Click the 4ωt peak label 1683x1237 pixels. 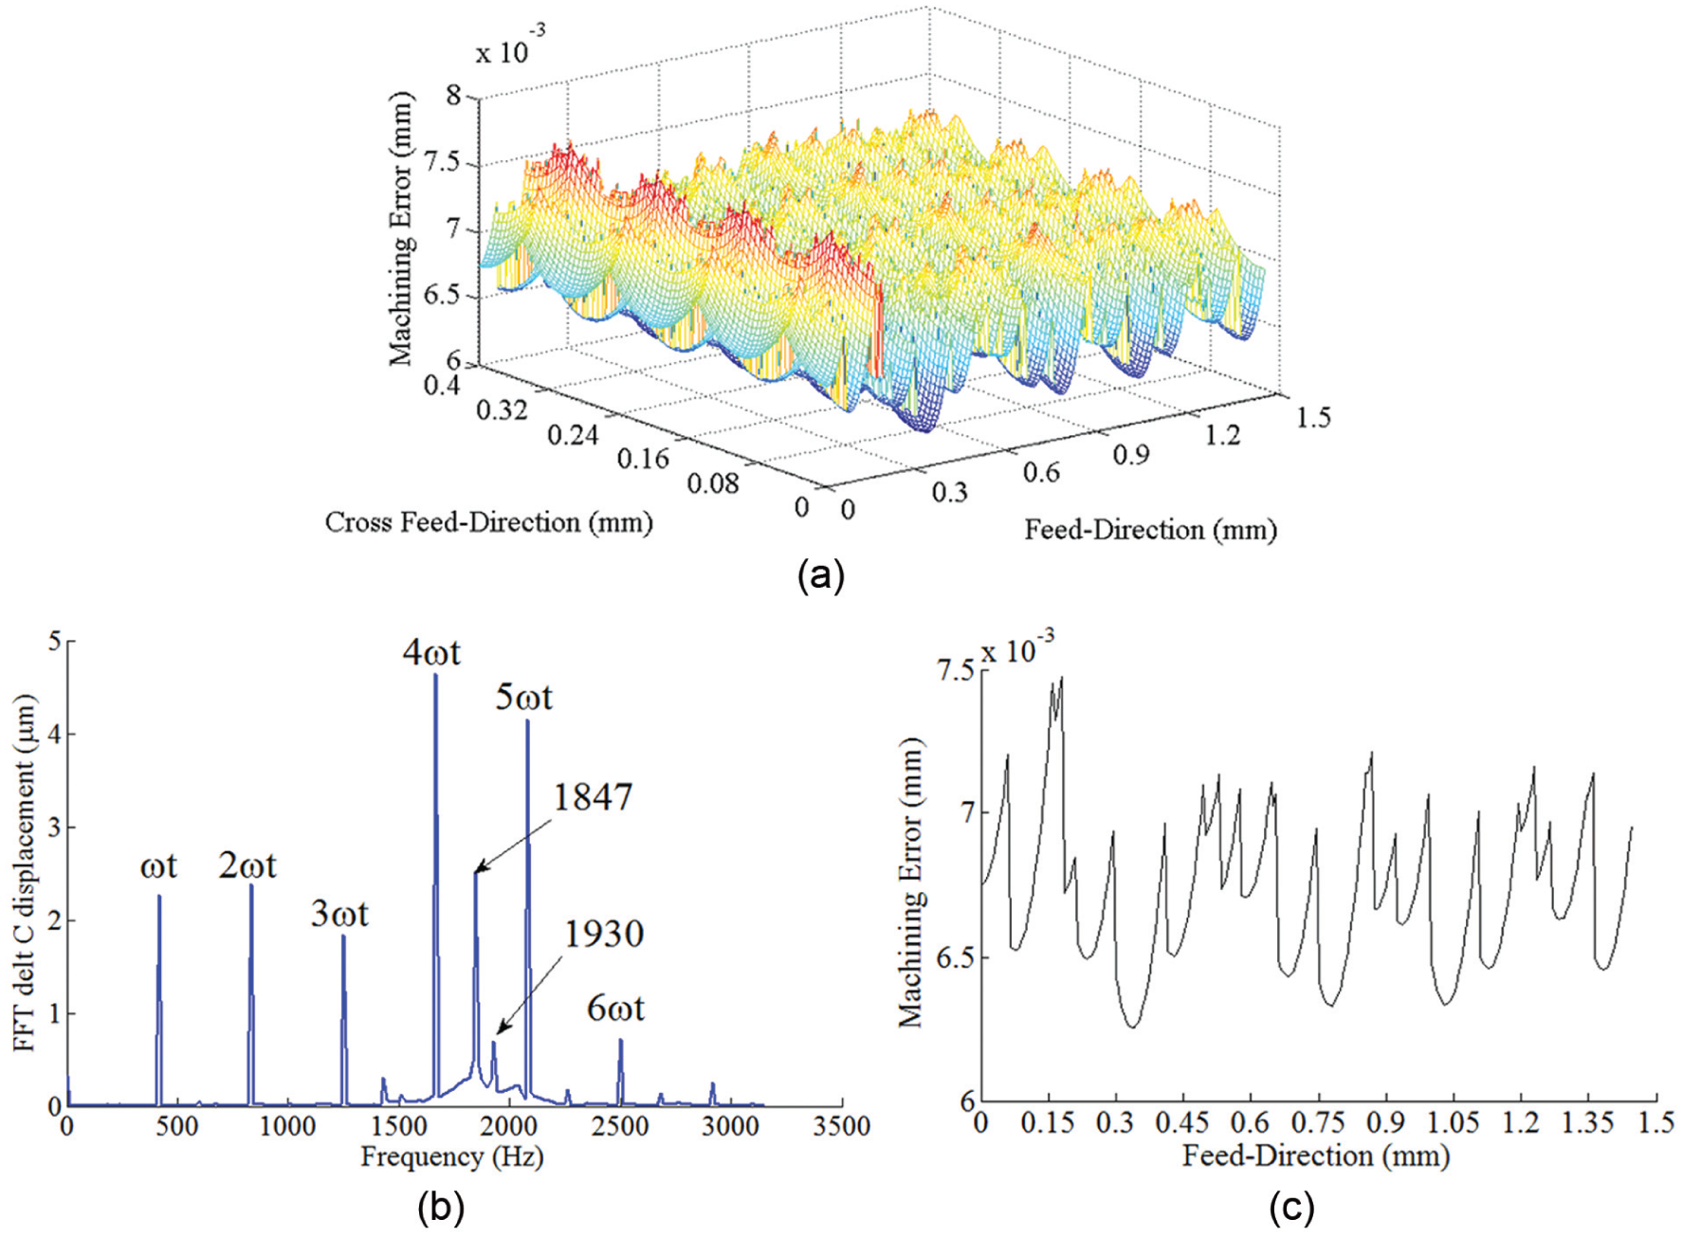[431, 652]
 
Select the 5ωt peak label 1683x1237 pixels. [523, 698]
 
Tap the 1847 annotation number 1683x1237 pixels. [593, 797]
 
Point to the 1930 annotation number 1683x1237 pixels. [605, 935]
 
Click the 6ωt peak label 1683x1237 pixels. [615, 1008]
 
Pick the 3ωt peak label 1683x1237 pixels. [339, 914]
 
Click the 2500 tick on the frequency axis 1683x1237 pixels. [620, 1126]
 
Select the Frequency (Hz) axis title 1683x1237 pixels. [452, 1156]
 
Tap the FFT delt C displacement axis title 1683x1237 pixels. [25, 872]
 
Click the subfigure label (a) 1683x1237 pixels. [821, 574]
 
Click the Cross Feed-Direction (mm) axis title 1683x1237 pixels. [489, 522]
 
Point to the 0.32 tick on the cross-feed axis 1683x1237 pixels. [503, 409]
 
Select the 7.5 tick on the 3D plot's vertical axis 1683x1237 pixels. [441, 161]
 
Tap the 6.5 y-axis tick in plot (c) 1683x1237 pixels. [955, 957]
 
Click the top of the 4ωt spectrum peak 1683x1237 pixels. [435, 674]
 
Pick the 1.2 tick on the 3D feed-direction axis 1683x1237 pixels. [1222, 434]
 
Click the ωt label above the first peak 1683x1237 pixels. [158, 866]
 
